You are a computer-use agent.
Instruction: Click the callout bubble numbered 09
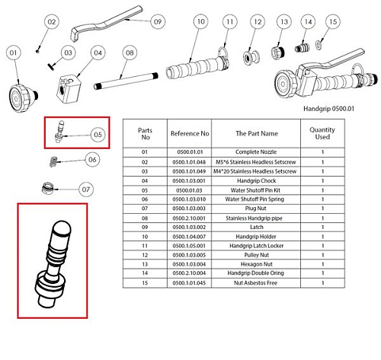158,21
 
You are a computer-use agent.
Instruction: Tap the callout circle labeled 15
333,21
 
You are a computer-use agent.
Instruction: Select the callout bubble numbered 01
13,53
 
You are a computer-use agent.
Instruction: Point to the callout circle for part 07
86,190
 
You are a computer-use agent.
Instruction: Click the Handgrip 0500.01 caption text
328,109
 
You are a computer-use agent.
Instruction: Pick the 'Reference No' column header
190,133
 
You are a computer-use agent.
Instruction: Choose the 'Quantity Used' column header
322,133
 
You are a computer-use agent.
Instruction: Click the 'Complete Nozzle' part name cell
256,152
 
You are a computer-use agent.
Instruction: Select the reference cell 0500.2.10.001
189,218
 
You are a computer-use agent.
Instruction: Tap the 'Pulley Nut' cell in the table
257,255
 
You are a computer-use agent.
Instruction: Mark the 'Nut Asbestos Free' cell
255,283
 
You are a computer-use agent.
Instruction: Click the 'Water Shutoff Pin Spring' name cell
255,199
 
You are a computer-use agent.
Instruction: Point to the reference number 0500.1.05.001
189,246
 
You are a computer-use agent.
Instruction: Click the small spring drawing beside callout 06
53,161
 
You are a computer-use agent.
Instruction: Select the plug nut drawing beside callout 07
47,189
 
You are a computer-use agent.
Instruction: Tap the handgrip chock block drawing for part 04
69,88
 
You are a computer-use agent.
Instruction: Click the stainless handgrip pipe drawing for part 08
126,81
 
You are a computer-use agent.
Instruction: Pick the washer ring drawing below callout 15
319,45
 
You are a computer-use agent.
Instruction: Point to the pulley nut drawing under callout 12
251,58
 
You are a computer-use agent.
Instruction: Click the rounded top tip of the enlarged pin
62,224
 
